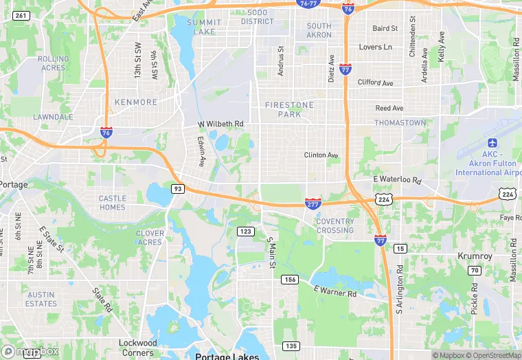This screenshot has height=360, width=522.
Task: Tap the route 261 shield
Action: click(22, 15)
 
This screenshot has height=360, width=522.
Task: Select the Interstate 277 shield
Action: click(313, 203)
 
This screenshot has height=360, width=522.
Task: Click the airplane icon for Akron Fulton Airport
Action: click(492, 142)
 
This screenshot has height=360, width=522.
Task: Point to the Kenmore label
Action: click(136, 102)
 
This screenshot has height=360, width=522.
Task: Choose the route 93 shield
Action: click(178, 188)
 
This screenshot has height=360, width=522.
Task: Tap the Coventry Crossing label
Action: click(335, 225)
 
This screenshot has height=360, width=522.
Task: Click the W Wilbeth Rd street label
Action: click(220, 124)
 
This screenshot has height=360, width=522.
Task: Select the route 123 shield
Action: click(246, 232)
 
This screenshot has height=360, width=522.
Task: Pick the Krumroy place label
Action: click(475, 256)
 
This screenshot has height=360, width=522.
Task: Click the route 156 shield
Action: click(290, 280)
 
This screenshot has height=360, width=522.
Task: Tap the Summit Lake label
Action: click(205, 27)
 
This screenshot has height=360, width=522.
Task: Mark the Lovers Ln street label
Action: click(376, 47)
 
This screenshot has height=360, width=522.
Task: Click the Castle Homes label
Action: click(113, 203)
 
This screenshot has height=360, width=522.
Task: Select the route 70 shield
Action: click(474, 270)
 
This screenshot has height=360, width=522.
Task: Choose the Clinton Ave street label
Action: click(321, 155)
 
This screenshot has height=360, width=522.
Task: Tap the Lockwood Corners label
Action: click(138, 348)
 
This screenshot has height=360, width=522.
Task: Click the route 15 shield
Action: click(400, 248)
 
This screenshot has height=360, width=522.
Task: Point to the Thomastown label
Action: click(400, 122)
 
